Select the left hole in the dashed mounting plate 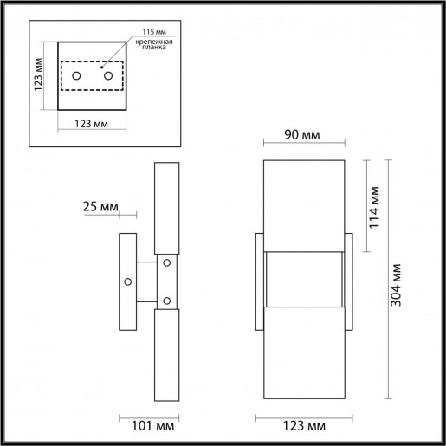click(76, 77)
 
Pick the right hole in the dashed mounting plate click(108, 77)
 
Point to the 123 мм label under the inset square click(92, 125)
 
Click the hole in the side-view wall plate click(128, 280)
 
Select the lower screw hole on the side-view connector click(165, 301)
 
